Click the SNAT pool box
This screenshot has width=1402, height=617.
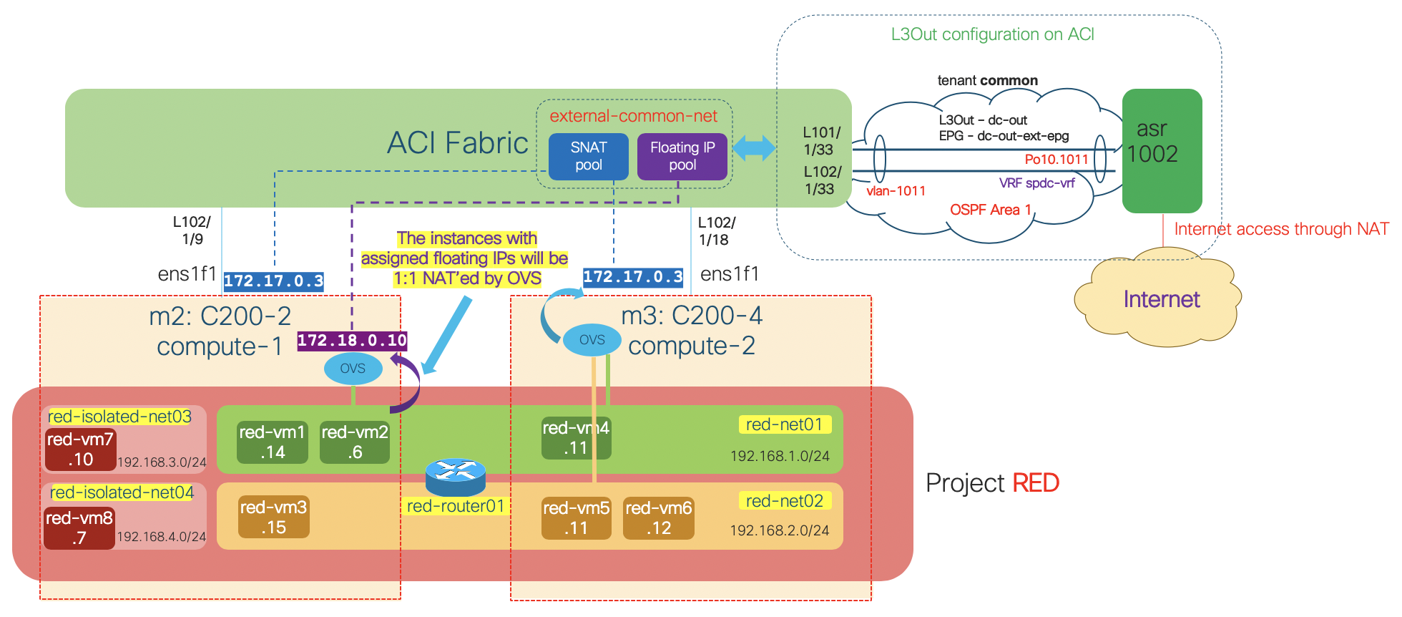[x=588, y=156]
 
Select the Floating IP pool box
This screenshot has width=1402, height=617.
[x=682, y=156]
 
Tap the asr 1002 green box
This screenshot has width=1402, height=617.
[x=1162, y=150]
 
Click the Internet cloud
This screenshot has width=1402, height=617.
[x=1160, y=299]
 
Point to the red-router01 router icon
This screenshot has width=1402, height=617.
[x=455, y=477]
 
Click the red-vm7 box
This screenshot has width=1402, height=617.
[x=80, y=449]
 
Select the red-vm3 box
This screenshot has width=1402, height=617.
[x=273, y=517]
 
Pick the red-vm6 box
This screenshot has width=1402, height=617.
[x=658, y=518]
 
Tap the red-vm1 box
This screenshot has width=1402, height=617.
[x=272, y=442]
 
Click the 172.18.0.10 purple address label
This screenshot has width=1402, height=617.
[x=352, y=341]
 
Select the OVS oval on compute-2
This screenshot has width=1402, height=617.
[x=592, y=340]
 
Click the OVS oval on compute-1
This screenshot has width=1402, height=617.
[x=353, y=369]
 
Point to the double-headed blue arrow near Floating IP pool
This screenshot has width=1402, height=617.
[x=754, y=148]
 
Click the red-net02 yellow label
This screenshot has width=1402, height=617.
[x=785, y=501]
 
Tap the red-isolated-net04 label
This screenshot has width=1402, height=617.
[x=122, y=492]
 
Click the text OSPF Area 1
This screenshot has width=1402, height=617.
[x=990, y=210]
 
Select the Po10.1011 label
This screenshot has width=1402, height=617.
[x=1056, y=160]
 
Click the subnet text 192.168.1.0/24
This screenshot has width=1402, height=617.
[x=780, y=456]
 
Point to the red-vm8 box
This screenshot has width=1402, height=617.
[x=79, y=528]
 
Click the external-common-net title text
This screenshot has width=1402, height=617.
[x=633, y=116]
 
